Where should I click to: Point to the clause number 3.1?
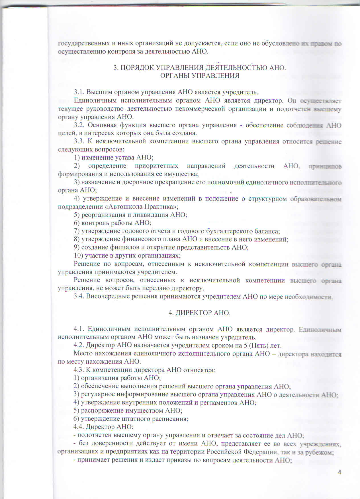click(x=79, y=92)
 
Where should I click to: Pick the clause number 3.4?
click(x=79, y=296)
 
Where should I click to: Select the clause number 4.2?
click(x=79, y=345)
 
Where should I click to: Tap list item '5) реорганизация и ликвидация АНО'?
click(x=130, y=215)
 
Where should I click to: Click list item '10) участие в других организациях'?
click(x=127, y=255)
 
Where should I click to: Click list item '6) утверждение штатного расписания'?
click(x=131, y=419)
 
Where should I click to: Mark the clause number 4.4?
click(x=79, y=427)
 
